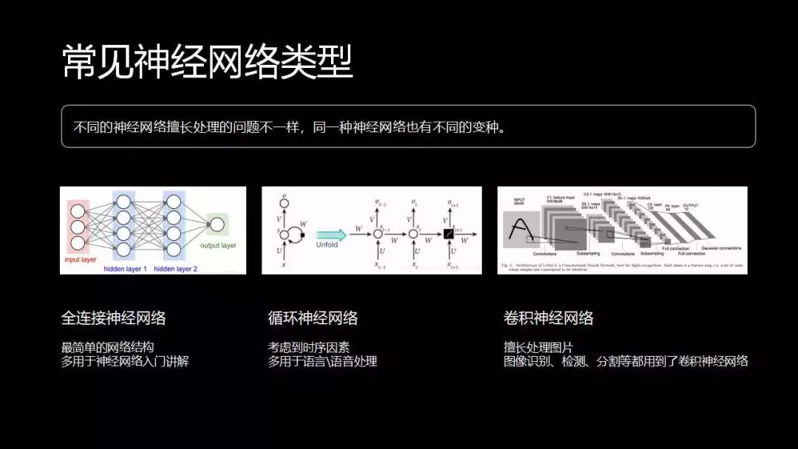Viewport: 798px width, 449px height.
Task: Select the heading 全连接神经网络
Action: click(113, 318)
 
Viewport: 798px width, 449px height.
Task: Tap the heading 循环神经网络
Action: click(313, 318)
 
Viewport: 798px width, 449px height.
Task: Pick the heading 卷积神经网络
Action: click(548, 318)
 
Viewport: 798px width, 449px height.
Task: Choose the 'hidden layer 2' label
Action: click(177, 269)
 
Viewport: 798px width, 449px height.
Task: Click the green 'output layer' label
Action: click(218, 245)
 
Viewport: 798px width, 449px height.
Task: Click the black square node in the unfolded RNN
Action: click(447, 234)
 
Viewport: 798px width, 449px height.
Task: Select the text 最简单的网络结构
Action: click(108, 347)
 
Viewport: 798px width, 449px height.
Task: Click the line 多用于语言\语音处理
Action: click(322, 362)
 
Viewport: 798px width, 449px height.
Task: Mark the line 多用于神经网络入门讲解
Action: click(125, 362)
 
